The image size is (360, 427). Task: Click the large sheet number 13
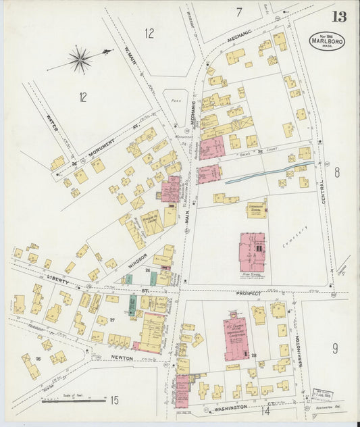(x=340, y=17)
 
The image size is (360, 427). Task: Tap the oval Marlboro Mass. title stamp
(x=328, y=41)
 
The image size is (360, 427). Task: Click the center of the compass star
(x=80, y=60)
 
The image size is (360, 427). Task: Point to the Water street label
(x=53, y=124)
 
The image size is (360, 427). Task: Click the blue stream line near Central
(x=270, y=173)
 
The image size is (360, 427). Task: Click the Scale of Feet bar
(x=64, y=401)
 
